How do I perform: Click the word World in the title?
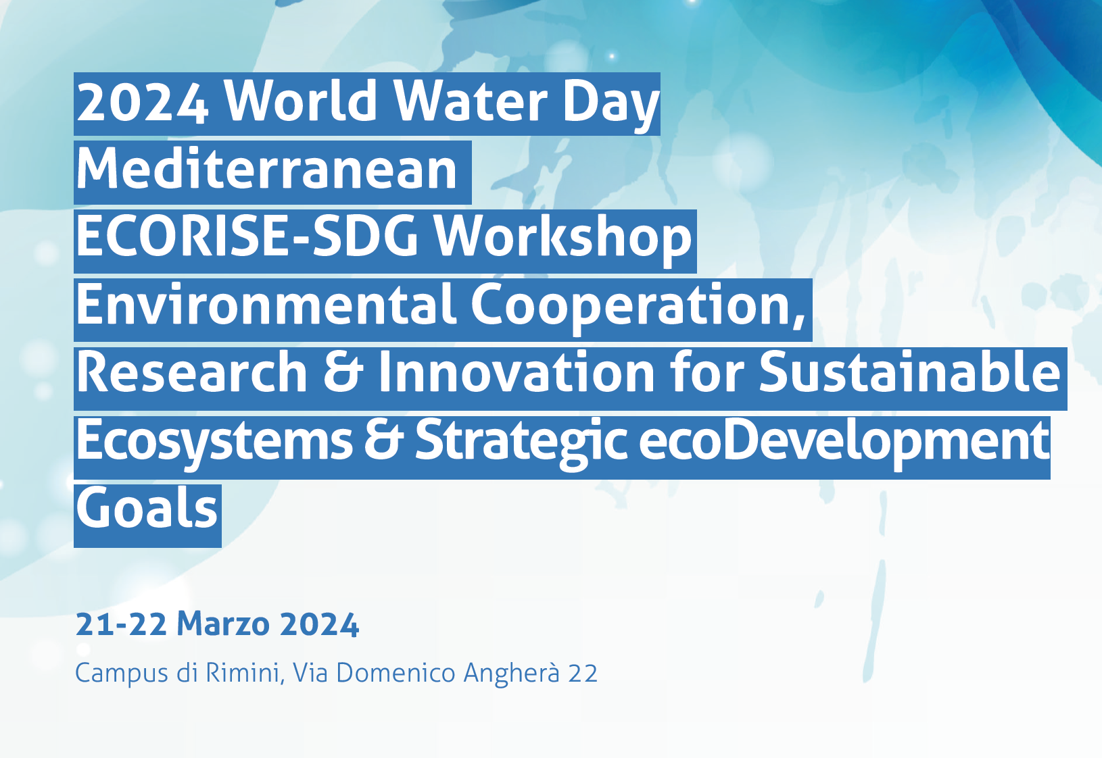pyautogui.click(x=301, y=101)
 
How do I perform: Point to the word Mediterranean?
pyautogui.click(x=267, y=169)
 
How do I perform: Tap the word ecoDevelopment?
pyautogui.click(x=844, y=445)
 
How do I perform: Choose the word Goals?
pyautogui.click(x=147, y=508)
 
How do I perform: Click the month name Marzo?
pyautogui.click(x=223, y=624)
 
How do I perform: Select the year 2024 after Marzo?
pyautogui.click(x=319, y=624)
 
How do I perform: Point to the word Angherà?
pyautogui.click(x=512, y=674)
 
